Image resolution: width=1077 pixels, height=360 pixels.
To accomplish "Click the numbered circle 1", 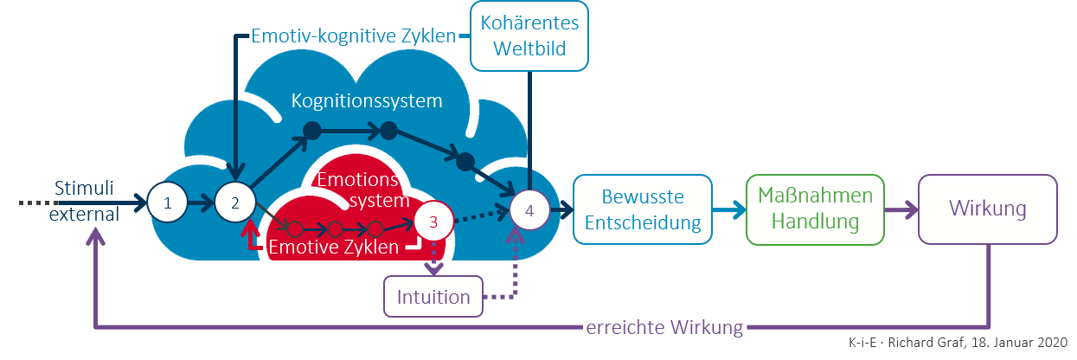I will pyautogui.click(x=169, y=203).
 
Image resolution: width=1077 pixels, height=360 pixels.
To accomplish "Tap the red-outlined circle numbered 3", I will pyautogui.click(x=434, y=222).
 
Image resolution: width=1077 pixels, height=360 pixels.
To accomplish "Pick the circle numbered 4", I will pyautogui.click(x=529, y=209).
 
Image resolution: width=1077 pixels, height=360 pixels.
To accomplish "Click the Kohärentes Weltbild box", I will pyautogui.click(x=529, y=35).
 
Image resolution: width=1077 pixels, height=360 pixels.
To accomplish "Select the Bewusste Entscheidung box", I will pyautogui.click(x=642, y=209).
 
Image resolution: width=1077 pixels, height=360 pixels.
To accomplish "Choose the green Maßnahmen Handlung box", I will pyautogui.click(x=815, y=209).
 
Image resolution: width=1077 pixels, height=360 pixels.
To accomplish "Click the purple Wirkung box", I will pyautogui.click(x=987, y=209).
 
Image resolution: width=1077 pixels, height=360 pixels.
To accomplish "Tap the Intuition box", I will pyautogui.click(x=433, y=298).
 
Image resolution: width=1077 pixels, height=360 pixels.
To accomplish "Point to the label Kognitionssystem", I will pyautogui.click(x=367, y=100).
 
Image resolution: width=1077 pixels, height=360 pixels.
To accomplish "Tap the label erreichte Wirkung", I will pyautogui.click(x=664, y=327).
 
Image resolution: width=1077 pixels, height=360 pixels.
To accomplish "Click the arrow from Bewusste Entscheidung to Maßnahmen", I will pyautogui.click(x=728, y=209).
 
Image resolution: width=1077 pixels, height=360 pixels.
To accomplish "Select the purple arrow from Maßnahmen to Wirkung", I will pyautogui.click(x=901, y=209).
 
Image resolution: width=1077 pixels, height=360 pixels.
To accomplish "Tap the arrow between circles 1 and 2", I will pyautogui.click(x=202, y=204).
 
